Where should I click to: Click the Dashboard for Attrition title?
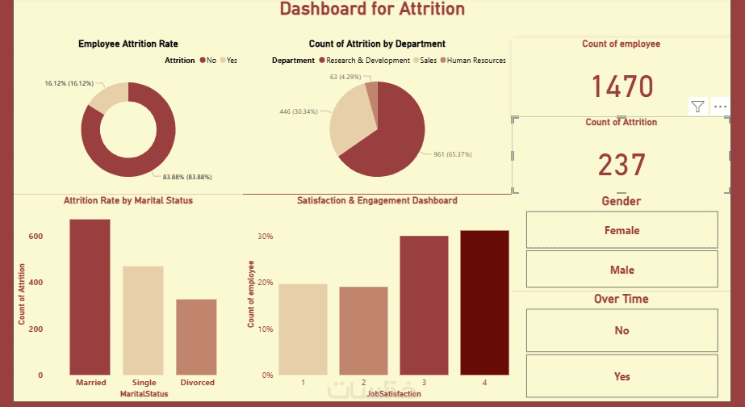pyautogui.click(x=372, y=10)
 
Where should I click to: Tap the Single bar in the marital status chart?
pyautogui.click(x=143, y=320)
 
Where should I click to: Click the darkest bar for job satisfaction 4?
pyautogui.click(x=484, y=302)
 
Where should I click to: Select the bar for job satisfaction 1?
pyautogui.click(x=303, y=329)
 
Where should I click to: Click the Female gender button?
pyautogui.click(x=622, y=230)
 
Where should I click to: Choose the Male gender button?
pyautogui.click(x=622, y=270)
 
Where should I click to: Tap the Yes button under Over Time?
pyautogui.click(x=622, y=376)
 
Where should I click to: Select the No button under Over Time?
pyautogui.click(x=622, y=330)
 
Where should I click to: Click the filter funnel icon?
pyautogui.click(x=697, y=107)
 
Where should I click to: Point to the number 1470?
pyautogui.click(x=622, y=86)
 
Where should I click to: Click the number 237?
pyautogui.click(x=622, y=165)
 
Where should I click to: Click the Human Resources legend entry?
pyautogui.click(x=475, y=61)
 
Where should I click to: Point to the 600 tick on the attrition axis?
pyautogui.click(x=36, y=237)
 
